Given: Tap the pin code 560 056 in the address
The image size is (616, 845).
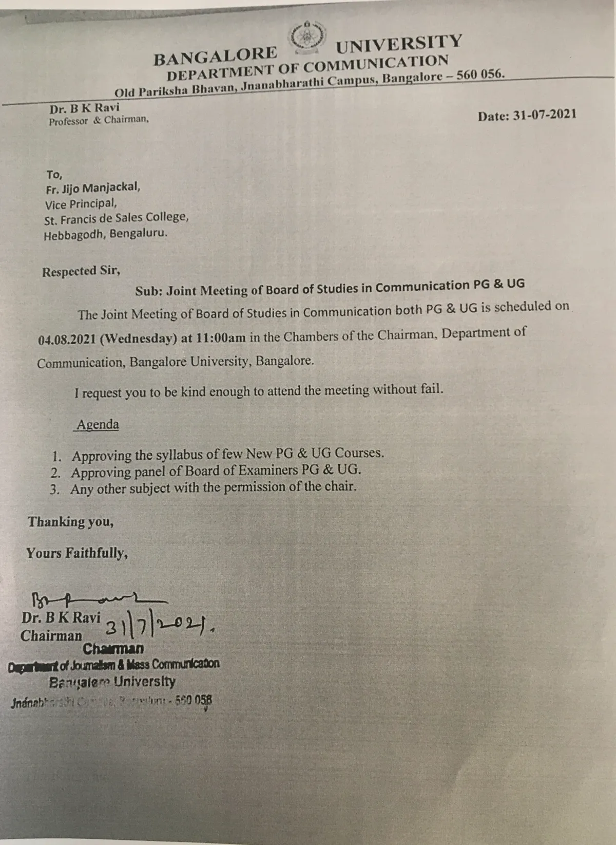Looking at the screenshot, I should coord(480,74).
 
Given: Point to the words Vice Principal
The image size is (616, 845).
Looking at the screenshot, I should coord(81,204).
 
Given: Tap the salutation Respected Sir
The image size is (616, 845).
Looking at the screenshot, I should coord(81,271).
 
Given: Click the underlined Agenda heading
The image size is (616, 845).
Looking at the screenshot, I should coord(98,425).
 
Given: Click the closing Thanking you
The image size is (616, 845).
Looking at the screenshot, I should coord(70,522).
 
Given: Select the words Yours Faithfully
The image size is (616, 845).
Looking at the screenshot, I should coord(76,553).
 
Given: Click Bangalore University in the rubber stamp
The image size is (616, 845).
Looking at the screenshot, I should coord(112,683).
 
